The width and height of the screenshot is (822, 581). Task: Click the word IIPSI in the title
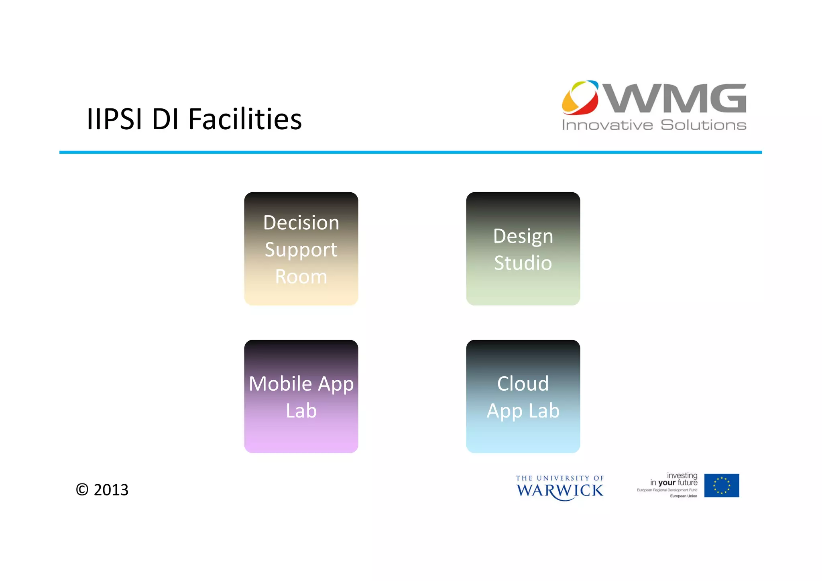(x=115, y=119)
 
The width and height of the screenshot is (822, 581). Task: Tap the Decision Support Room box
(x=301, y=249)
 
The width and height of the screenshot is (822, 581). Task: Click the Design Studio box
(x=523, y=249)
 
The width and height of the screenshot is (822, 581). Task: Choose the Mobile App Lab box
(x=301, y=396)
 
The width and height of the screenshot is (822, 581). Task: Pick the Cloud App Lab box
(x=523, y=396)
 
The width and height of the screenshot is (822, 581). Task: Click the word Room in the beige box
(x=301, y=276)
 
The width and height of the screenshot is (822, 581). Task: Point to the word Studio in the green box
(x=523, y=263)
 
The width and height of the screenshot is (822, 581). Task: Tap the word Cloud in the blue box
(x=523, y=383)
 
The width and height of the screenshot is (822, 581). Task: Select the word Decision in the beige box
(x=301, y=222)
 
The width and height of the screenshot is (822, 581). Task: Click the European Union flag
(x=721, y=485)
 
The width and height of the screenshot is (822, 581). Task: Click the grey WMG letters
(x=676, y=98)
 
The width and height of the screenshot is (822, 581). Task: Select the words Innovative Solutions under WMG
(x=654, y=125)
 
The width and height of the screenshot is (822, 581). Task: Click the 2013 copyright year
(x=111, y=490)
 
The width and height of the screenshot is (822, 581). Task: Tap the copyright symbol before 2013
(x=82, y=490)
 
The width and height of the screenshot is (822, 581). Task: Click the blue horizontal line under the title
(x=410, y=152)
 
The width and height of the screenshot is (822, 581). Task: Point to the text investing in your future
(x=674, y=479)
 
